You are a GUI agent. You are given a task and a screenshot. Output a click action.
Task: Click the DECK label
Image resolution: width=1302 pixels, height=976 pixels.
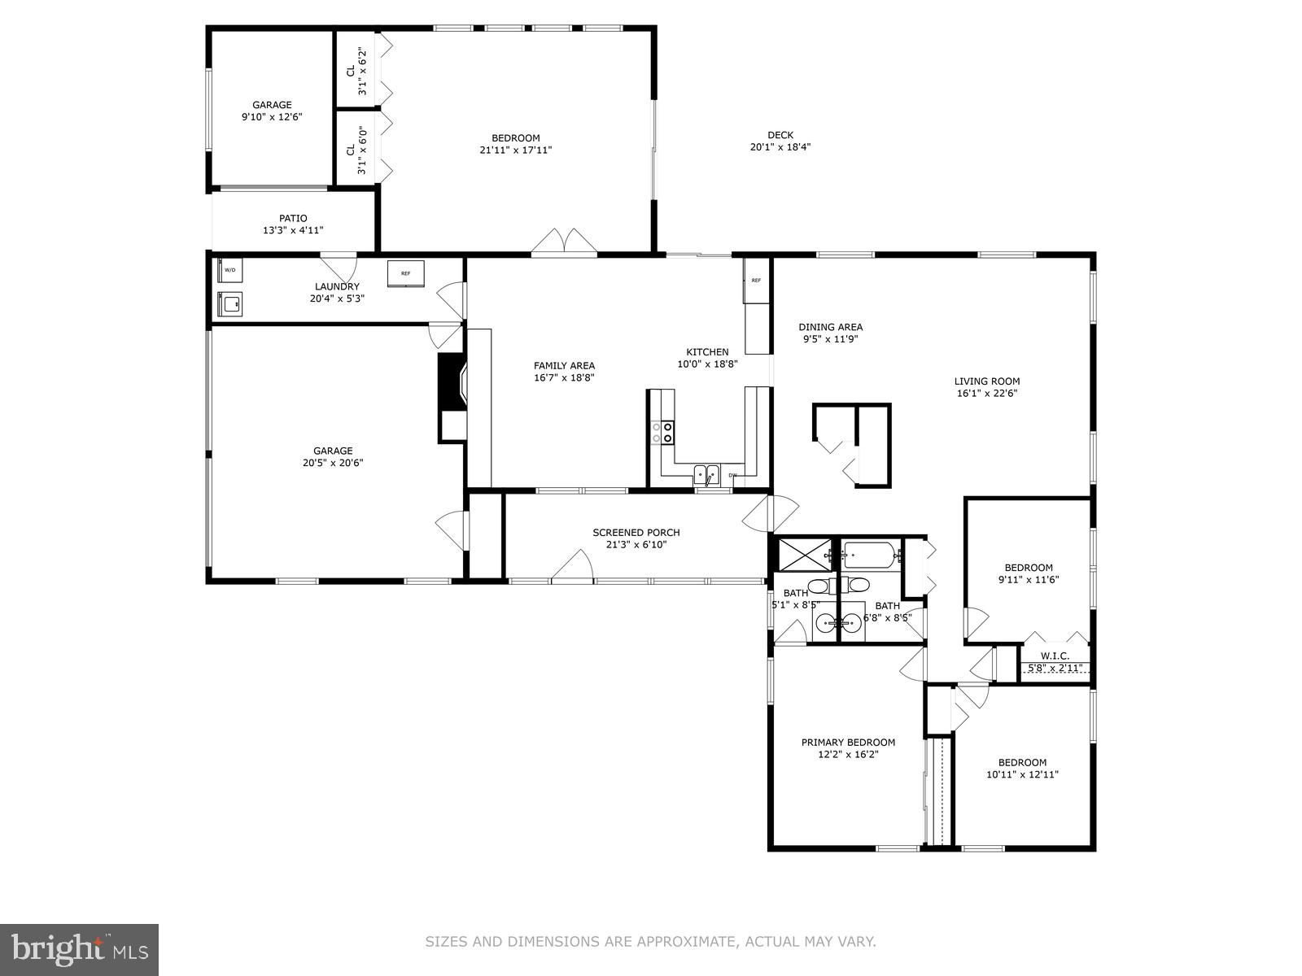tap(780, 135)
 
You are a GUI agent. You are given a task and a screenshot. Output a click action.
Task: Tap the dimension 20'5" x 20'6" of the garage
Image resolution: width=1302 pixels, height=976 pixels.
tap(334, 463)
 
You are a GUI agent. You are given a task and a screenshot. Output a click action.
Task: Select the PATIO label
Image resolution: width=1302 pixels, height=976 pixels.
tap(293, 218)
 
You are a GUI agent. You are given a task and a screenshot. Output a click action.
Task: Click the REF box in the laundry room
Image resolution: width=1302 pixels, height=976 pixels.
tap(405, 273)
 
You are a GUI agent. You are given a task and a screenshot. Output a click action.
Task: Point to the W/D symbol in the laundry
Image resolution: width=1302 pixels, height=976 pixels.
tap(230, 270)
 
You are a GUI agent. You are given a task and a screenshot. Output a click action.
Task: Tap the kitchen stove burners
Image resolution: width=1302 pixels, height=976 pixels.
tap(666, 432)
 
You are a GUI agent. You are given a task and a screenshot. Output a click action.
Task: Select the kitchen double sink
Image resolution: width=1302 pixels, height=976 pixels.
tap(706, 473)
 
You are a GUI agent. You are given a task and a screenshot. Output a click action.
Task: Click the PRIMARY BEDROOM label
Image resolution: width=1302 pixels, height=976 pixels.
tap(848, 742)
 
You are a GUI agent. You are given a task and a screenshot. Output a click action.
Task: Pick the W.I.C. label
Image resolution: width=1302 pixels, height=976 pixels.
tap(1054, 656)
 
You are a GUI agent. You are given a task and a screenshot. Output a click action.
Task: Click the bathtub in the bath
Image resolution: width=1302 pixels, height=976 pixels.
tap(869, 556)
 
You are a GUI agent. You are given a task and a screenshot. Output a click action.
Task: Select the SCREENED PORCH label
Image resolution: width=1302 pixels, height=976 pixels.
tap(636, 533)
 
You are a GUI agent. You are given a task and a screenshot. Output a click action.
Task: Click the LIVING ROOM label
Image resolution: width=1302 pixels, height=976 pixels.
tap(986, 381)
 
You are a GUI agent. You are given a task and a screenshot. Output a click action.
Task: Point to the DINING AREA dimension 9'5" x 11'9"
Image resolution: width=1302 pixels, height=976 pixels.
tap(830, 339)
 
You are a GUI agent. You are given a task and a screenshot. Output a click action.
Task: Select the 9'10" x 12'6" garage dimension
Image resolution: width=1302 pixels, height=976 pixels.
tap(271, 117)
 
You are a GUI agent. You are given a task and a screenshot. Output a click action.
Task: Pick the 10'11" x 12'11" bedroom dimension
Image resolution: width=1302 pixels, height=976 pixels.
tap(1022, 774)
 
